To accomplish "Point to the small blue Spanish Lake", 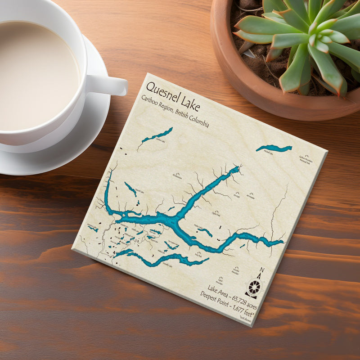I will point(130,189).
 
